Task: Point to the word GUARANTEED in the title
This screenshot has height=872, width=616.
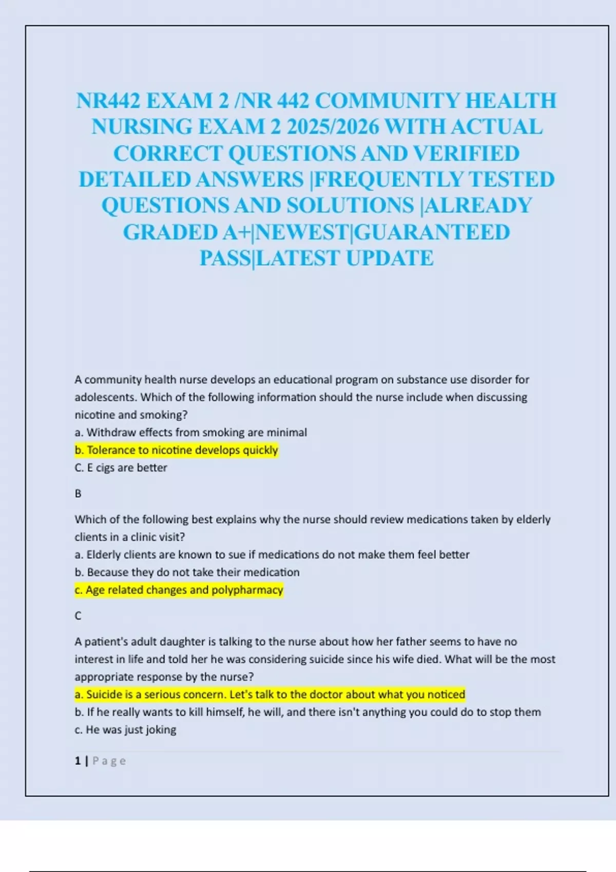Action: pos(432,232)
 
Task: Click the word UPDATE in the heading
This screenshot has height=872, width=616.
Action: pos(390,258)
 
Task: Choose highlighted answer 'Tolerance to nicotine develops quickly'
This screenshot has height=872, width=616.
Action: pos(176,450)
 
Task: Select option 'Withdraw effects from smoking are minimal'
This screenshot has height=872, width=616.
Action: pos(190,432)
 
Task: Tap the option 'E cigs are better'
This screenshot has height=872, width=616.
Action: pos(121,468)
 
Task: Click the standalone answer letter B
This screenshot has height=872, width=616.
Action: pos(78,493)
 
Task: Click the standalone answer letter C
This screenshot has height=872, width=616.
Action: pos(78,616)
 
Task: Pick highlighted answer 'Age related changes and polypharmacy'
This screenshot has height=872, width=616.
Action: pos(179,590)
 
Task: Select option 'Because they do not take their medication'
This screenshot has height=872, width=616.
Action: pos(187,572)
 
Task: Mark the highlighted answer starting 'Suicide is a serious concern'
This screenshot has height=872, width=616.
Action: pos(269,695)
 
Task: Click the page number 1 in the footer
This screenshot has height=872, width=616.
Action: pos(78,761)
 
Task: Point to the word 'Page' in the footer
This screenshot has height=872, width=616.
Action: pos(109,761)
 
